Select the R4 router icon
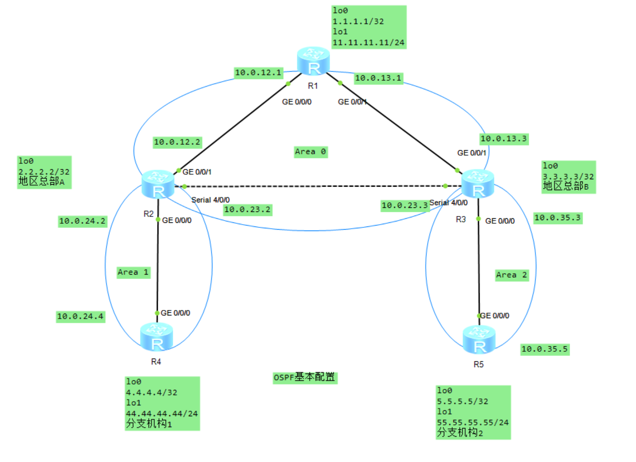[156, 337]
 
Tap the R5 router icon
[479, 339]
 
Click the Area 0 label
[310, 152]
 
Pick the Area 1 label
[133, 272]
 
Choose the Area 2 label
[511, 275]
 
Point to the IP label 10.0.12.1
[258, 73]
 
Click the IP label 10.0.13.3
[504, 139]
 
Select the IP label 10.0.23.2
[247, 210]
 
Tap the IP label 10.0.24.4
[80, 316]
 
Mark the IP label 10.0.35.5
[545, 349]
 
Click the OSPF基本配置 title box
[305, 378]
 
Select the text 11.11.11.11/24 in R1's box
[368, 43]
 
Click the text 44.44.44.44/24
[162, 413]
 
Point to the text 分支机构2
[460, 433]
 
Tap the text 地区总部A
[41, 182]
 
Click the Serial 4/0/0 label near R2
[210, 200]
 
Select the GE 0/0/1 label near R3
[471, 153]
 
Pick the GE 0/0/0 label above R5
[495, 315]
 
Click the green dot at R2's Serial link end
[184, 187]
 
